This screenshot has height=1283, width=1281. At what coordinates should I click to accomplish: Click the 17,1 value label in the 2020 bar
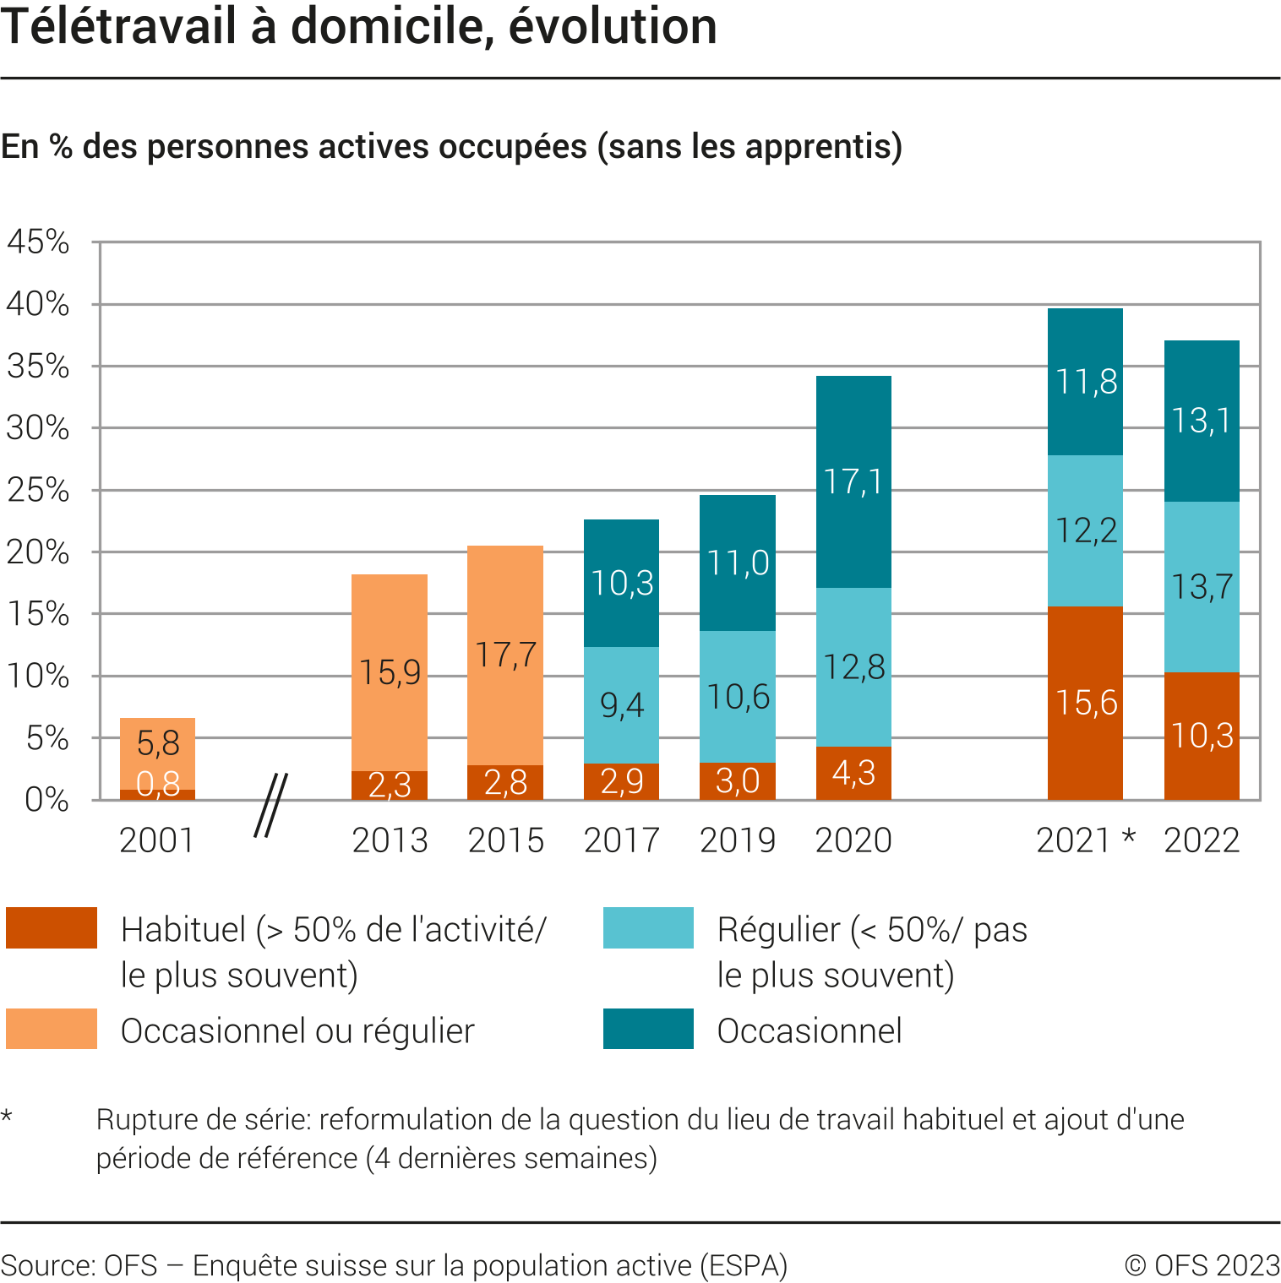[853, 482]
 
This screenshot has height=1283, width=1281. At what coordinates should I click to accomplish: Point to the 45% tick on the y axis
[39, 242]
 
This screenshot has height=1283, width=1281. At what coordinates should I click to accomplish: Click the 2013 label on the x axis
[390, 840]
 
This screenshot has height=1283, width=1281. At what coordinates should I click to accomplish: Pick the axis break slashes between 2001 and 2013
[270, 805]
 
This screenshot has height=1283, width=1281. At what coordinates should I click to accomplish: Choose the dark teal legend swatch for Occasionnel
[648, 1029]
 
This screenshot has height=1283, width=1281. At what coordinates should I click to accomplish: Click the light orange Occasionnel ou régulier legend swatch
[52, 1029]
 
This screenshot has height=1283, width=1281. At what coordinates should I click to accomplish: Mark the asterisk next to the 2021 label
[1129, 839]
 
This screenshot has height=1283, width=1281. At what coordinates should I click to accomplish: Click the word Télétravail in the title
[118, 27]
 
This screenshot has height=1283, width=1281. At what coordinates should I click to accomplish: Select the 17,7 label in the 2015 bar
[505, 655]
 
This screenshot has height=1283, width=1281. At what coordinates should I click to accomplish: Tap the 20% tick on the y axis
[39, 552]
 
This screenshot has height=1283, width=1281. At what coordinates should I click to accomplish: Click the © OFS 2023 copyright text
[1202, 1265]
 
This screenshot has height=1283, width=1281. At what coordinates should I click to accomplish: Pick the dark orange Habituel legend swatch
[52, 927]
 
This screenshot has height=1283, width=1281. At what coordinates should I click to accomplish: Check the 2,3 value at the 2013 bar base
[390, 786]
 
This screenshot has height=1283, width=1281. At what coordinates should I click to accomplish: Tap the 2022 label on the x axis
[1202, 840]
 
